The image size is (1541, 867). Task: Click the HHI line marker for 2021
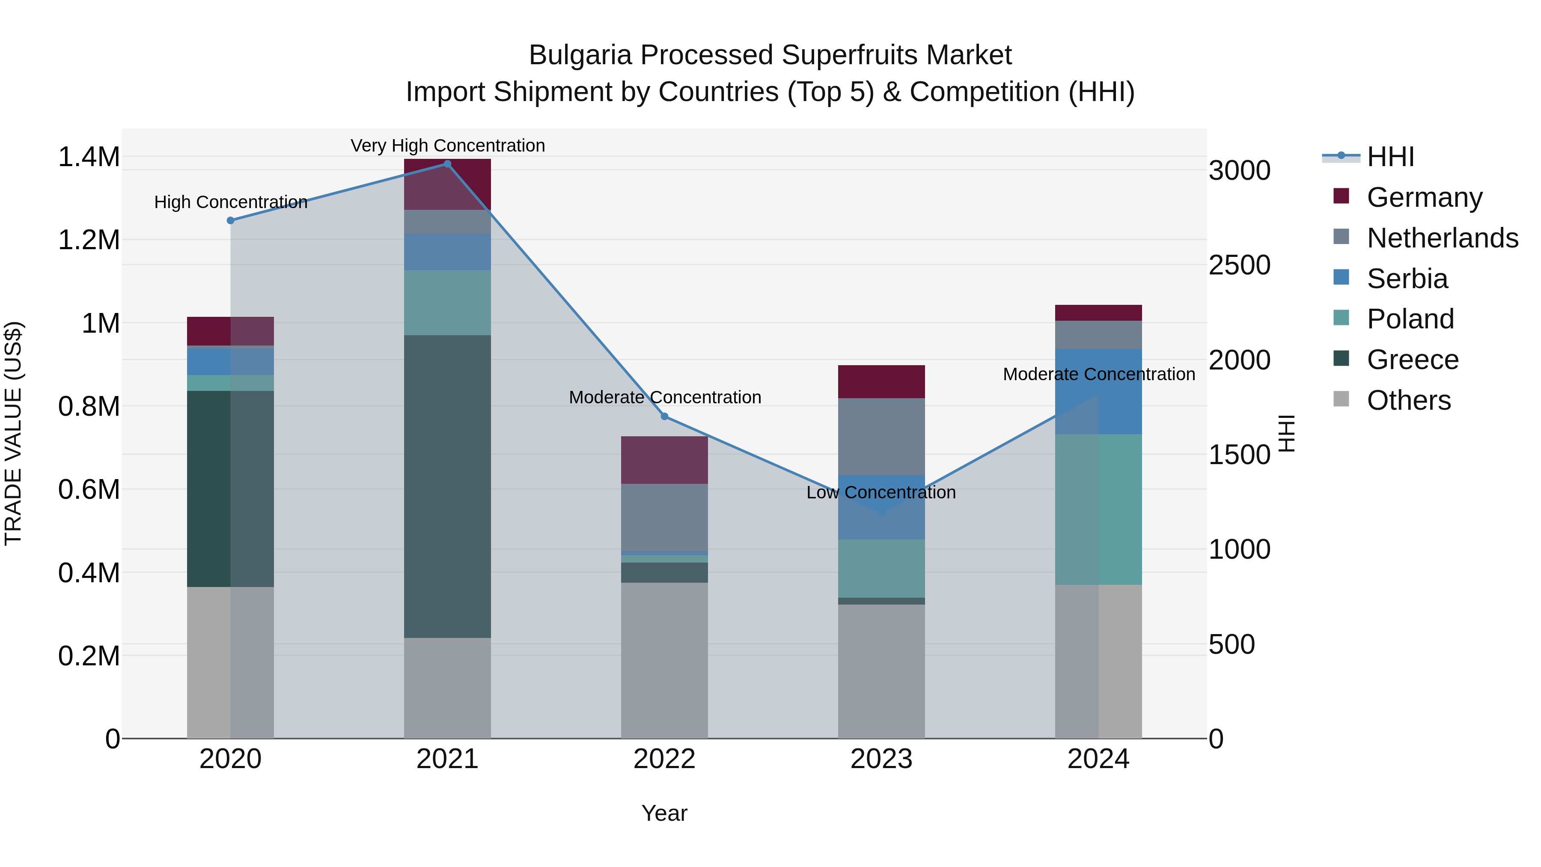point(447,164)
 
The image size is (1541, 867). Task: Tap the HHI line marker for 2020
point(230,220)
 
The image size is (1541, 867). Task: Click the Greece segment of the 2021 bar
point(447,486)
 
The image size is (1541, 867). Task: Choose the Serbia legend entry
point(1407,279)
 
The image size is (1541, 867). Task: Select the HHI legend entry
point(1390,157)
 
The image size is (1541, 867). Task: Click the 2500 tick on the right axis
point(1239,265)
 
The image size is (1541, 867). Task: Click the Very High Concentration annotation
point(447,146)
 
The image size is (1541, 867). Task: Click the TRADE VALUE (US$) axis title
point(13,433)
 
